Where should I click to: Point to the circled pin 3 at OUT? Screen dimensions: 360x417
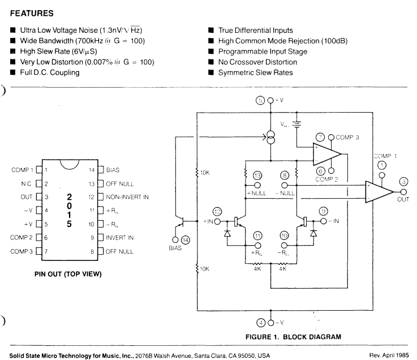403,181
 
